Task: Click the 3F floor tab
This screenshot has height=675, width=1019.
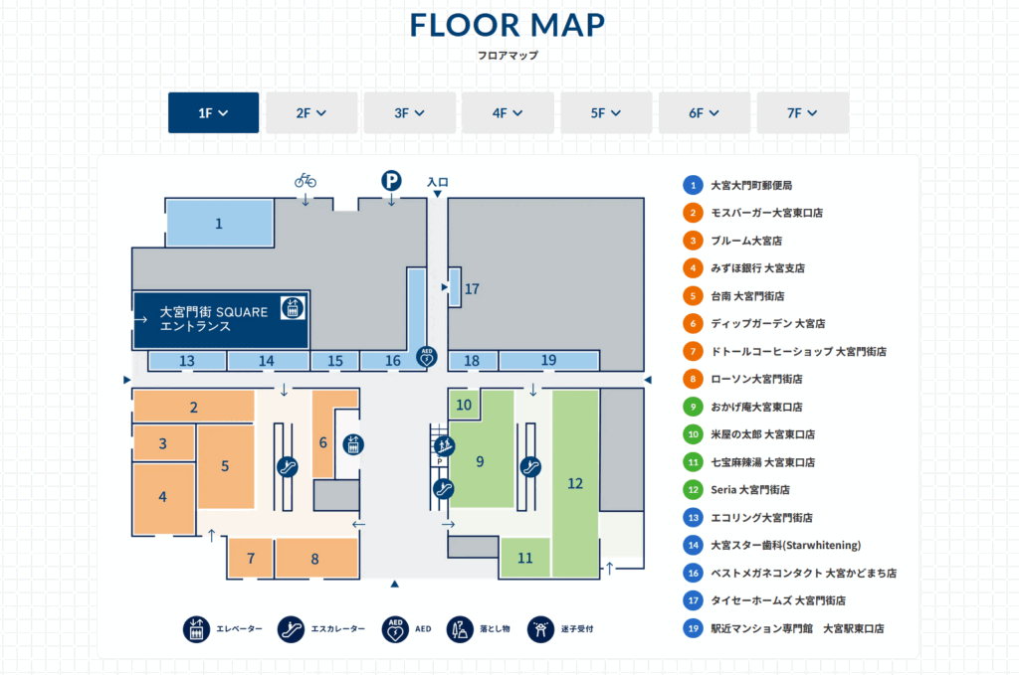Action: tap(409, 113)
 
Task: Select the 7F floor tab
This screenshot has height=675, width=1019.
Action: tap(803, 113)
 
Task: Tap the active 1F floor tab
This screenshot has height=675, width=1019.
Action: tap(213, 113)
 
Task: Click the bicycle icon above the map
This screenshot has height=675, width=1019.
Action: tap(306, 180)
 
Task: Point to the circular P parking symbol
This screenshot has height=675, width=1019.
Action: tap(391, 180)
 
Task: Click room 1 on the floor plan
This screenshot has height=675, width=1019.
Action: tap(220, 224)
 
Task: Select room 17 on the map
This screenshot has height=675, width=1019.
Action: tap(455, 287)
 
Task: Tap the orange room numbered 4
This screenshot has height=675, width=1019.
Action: tap(164, 498)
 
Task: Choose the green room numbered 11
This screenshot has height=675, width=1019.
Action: tap(525, 558)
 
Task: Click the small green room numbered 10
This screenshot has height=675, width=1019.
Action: tap(464, 405)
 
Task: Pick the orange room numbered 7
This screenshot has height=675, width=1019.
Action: tap(251, 558)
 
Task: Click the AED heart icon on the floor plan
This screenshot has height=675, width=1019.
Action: tap(427, 357)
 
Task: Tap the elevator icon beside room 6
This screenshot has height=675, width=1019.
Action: tap(353, 444)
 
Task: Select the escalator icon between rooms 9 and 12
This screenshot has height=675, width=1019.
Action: tap(530, 466)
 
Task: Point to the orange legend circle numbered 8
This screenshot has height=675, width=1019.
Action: tap(693, 379)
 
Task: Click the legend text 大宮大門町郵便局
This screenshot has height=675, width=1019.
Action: tap(751, 186)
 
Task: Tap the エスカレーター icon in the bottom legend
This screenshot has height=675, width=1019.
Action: tap(291, 629)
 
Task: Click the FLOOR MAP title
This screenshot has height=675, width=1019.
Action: tap(508, 25)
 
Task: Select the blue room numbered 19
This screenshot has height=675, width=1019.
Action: tap(548, 360)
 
